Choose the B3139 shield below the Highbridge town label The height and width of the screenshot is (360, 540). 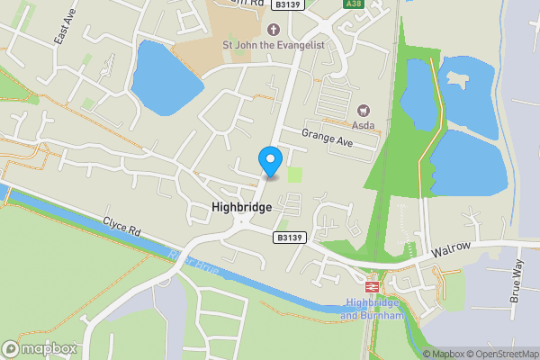(x=287, y=238)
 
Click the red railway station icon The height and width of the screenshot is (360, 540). (x=373, y=286)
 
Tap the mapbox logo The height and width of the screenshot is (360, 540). (x=40, y=347)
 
